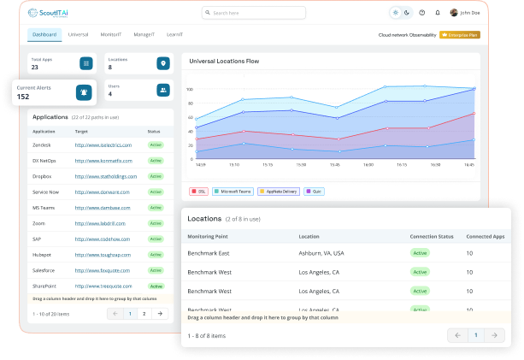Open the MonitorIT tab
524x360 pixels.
111,35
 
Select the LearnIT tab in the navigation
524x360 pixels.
174,35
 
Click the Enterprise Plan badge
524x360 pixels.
460,35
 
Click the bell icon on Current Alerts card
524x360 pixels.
83,92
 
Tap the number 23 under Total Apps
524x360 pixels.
35,67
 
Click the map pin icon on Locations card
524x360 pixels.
162,63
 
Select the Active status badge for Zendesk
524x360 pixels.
156,145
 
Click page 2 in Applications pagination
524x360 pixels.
144,314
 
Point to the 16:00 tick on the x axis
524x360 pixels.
368,165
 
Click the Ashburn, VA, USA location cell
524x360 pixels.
321,253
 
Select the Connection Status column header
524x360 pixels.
431,235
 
